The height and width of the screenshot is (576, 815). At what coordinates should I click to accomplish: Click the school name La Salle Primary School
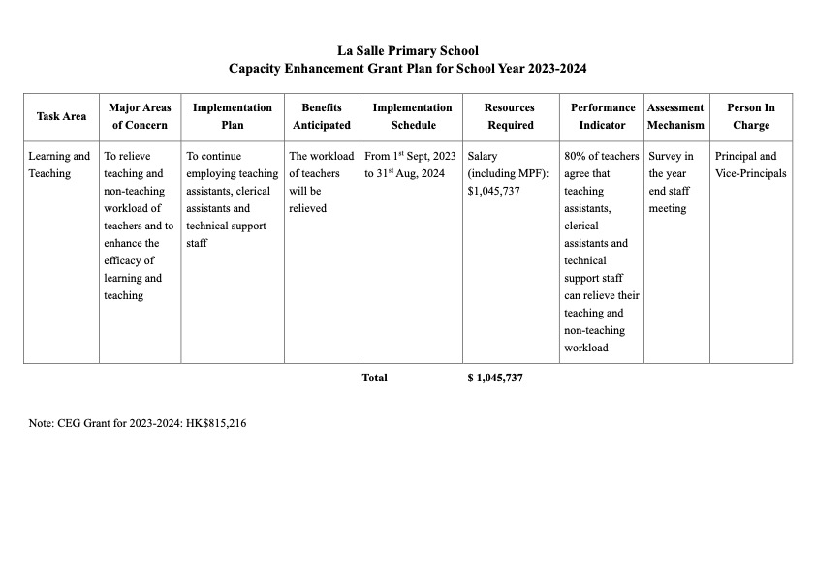tap(407, 50)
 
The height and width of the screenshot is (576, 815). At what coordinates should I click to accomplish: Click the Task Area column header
tap(61, 116)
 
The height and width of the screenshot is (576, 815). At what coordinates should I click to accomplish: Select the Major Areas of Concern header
tap(140, 116)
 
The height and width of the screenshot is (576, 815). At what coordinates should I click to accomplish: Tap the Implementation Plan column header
tap(233, 116)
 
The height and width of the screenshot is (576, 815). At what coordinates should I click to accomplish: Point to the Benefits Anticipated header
tap(322, 116)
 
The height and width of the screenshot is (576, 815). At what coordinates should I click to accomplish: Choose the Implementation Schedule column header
tap(412, 116)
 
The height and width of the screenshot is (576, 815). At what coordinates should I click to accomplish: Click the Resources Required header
tap(509, 116)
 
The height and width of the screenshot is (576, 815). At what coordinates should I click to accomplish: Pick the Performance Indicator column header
tap(602, 116)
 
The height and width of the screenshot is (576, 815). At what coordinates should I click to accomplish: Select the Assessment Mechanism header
tap(675, 116)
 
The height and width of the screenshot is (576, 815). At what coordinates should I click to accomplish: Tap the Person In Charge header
tap(751, 116)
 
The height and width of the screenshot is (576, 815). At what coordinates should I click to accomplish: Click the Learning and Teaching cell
tap(59, 165)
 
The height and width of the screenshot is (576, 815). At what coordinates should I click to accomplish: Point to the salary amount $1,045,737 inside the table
tap(493, 191)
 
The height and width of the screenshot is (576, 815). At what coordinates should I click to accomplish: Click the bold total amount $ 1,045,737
tap(495, 378)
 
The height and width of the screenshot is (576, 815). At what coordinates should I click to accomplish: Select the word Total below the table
tap(374, 378)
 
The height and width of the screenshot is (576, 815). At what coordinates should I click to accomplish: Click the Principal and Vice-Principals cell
tap(750, 165)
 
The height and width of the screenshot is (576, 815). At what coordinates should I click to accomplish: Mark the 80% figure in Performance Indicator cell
tap(575, 156)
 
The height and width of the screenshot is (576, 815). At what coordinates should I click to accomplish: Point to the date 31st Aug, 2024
tap(412, 173)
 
